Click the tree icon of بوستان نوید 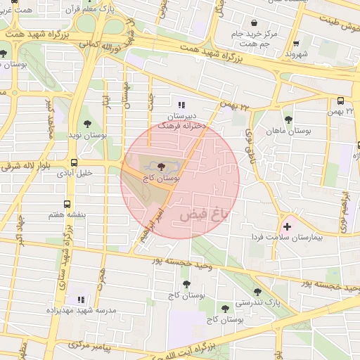point(87,117)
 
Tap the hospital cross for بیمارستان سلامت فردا point(287,226)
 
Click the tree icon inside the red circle point(162,167)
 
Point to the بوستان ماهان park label point(288,131)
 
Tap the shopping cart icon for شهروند point(296,43)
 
